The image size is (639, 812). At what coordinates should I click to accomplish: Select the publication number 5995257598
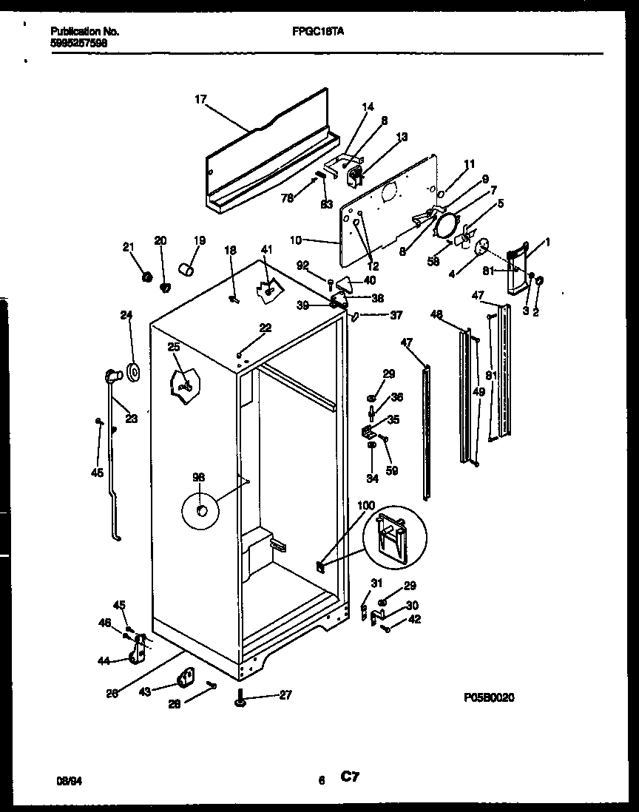tap(80, 43)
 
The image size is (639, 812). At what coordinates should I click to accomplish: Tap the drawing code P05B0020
tap(489, 697)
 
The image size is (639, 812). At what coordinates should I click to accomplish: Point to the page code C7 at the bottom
tap(351, 777)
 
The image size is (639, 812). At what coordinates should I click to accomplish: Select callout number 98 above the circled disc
tap(198, 477)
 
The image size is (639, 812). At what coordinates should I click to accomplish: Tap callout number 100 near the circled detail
tap(366, 505)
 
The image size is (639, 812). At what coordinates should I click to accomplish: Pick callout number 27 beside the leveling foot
tap(286, 694)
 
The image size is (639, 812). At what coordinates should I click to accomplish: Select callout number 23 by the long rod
tap(131, 418)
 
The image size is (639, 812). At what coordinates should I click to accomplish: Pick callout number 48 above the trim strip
tap(436, 314)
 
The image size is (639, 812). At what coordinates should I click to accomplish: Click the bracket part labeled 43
tap(184, 676)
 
